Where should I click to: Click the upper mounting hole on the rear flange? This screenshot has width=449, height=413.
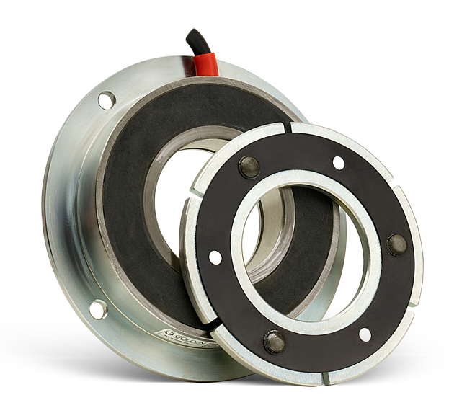(106, 99)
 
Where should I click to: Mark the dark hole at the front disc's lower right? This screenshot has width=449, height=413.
(365, 334)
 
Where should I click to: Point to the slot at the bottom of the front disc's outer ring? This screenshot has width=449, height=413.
(326, 377)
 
